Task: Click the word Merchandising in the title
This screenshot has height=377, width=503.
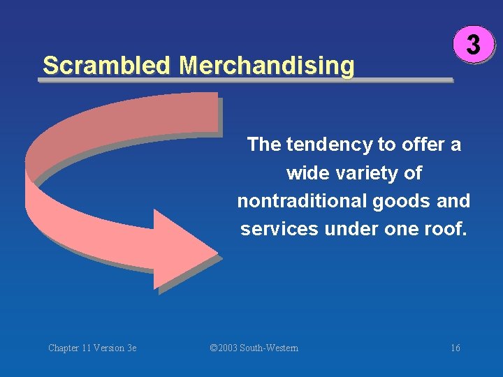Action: (x=266, y=66)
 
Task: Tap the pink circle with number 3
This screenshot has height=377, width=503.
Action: (x=473, y=45)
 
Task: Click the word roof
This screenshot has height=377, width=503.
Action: (x=445, y=229)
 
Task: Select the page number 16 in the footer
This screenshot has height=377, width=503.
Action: (x=455, y=348)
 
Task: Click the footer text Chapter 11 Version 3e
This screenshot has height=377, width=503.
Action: (x=92, y=348)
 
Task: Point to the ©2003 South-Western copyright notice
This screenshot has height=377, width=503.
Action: (x=254, y=348)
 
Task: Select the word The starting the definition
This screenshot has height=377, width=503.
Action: (x=263, y=145)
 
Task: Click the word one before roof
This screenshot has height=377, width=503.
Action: (x=395, y=229)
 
